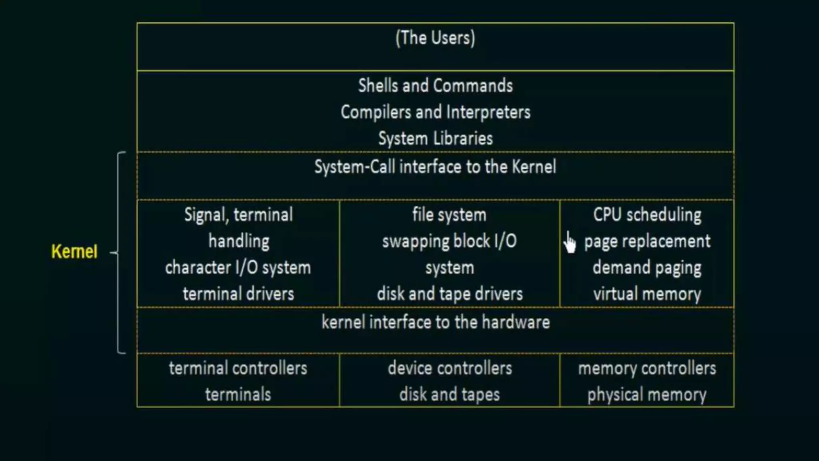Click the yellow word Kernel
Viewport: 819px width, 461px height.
(74, 252)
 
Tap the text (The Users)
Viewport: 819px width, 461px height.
(435, 38)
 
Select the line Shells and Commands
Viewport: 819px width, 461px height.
(435, 86)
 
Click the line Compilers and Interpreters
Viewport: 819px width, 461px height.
(435, 112)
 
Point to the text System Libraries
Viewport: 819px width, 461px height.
(435, 138)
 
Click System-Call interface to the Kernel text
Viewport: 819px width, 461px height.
(435, 167)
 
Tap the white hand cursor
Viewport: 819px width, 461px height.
(570, 243)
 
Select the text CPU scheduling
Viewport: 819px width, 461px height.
(647, 215)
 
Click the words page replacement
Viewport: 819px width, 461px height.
(647, 242)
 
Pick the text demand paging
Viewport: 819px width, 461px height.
(647, 268)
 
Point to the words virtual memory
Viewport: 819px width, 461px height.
(647, 294)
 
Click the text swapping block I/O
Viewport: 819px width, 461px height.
(449, 242)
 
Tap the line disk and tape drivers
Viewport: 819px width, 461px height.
(449, 294)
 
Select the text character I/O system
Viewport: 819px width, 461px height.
(238, 268)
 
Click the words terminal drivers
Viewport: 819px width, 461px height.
(238, 294)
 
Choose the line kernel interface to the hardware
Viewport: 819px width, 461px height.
(435, 322)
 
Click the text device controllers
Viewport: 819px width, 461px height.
(449, 368)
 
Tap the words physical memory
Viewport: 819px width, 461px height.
(647, 395)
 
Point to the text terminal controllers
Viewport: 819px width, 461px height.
(238, 368)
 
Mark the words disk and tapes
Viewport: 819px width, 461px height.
(449, 395)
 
